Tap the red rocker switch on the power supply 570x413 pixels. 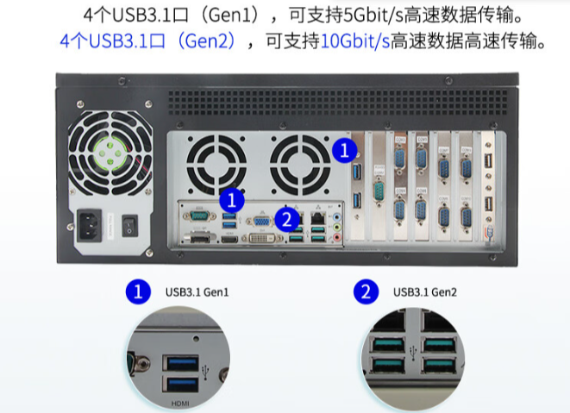pyautogui.click(x=130, y=223)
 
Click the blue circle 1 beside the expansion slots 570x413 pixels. pyautogui.click(x=345, y=150)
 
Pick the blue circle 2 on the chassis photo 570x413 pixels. pyautogui.click(x=288, y=218)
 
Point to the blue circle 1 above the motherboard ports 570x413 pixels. pyautogui.click(x=231, y=199)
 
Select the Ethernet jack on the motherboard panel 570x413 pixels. pyautogui.click(x=317, y=217)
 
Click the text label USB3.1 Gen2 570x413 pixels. pyautogui.click(x=424, y=292)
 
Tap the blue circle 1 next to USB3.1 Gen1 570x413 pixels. pyautogui.click(x=137, y=291)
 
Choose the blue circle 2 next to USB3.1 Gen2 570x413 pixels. pyautogui.click(x=366, y=291)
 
